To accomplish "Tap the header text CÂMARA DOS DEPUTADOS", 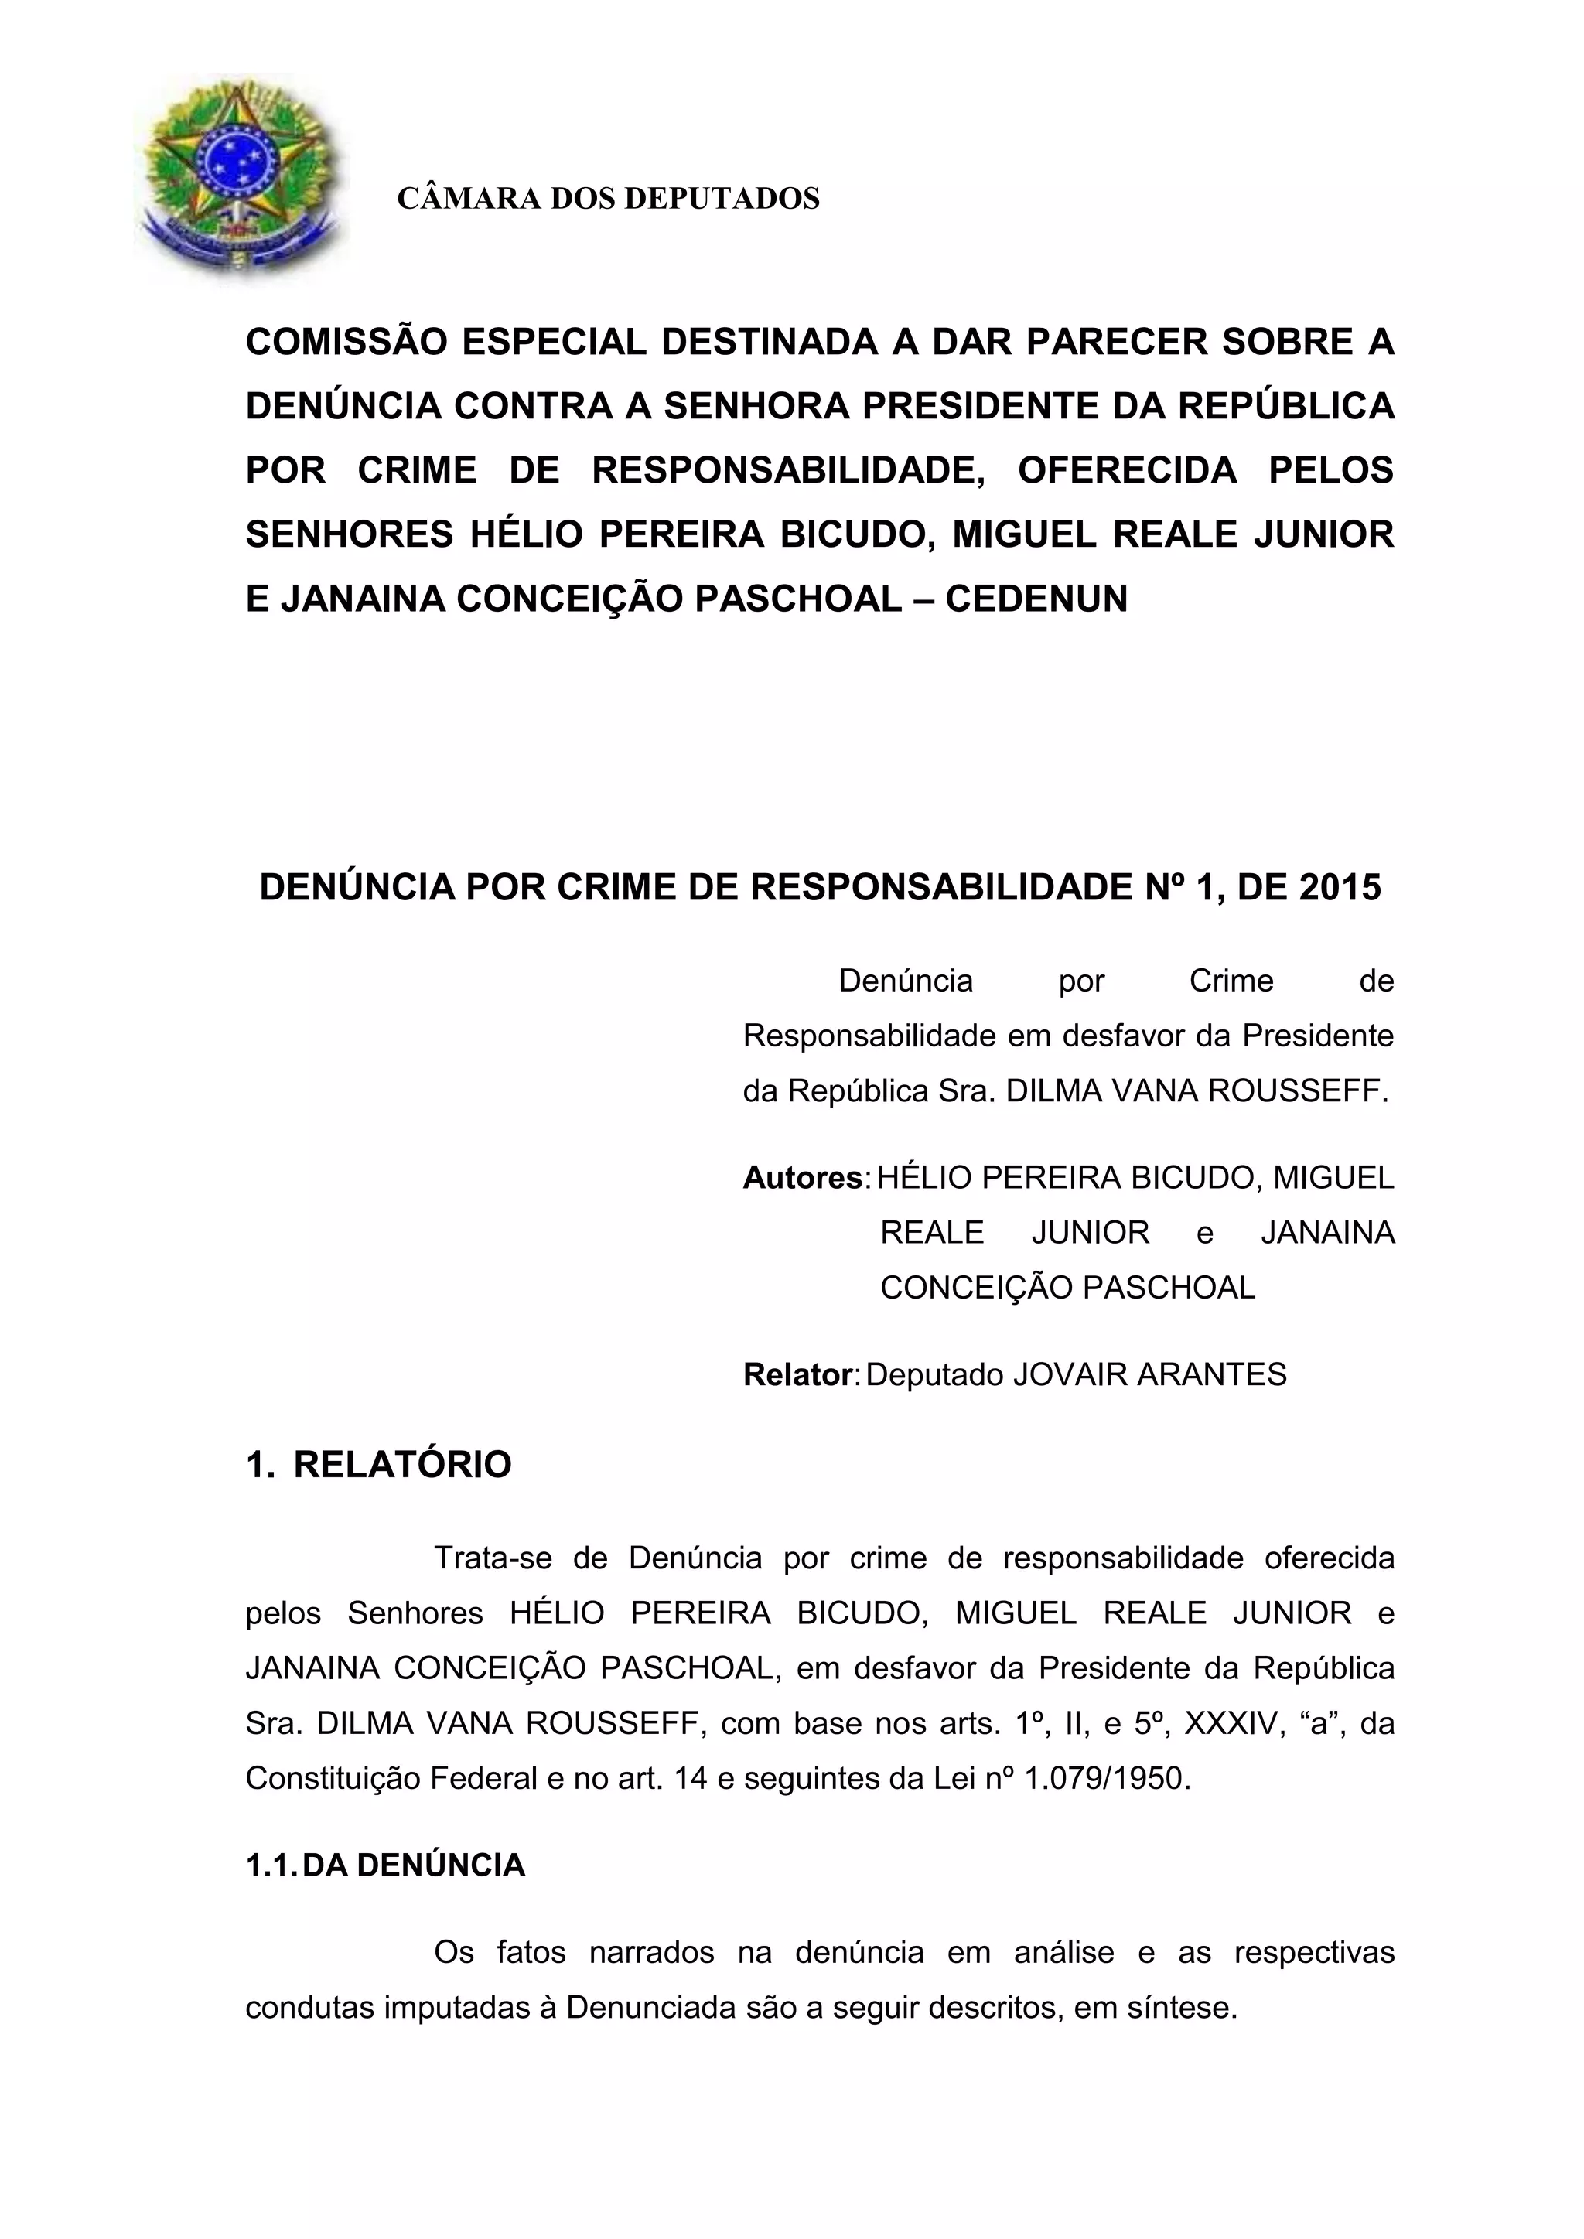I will [608, 199].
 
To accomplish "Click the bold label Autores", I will [804, 1178].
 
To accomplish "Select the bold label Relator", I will [798, 1375].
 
